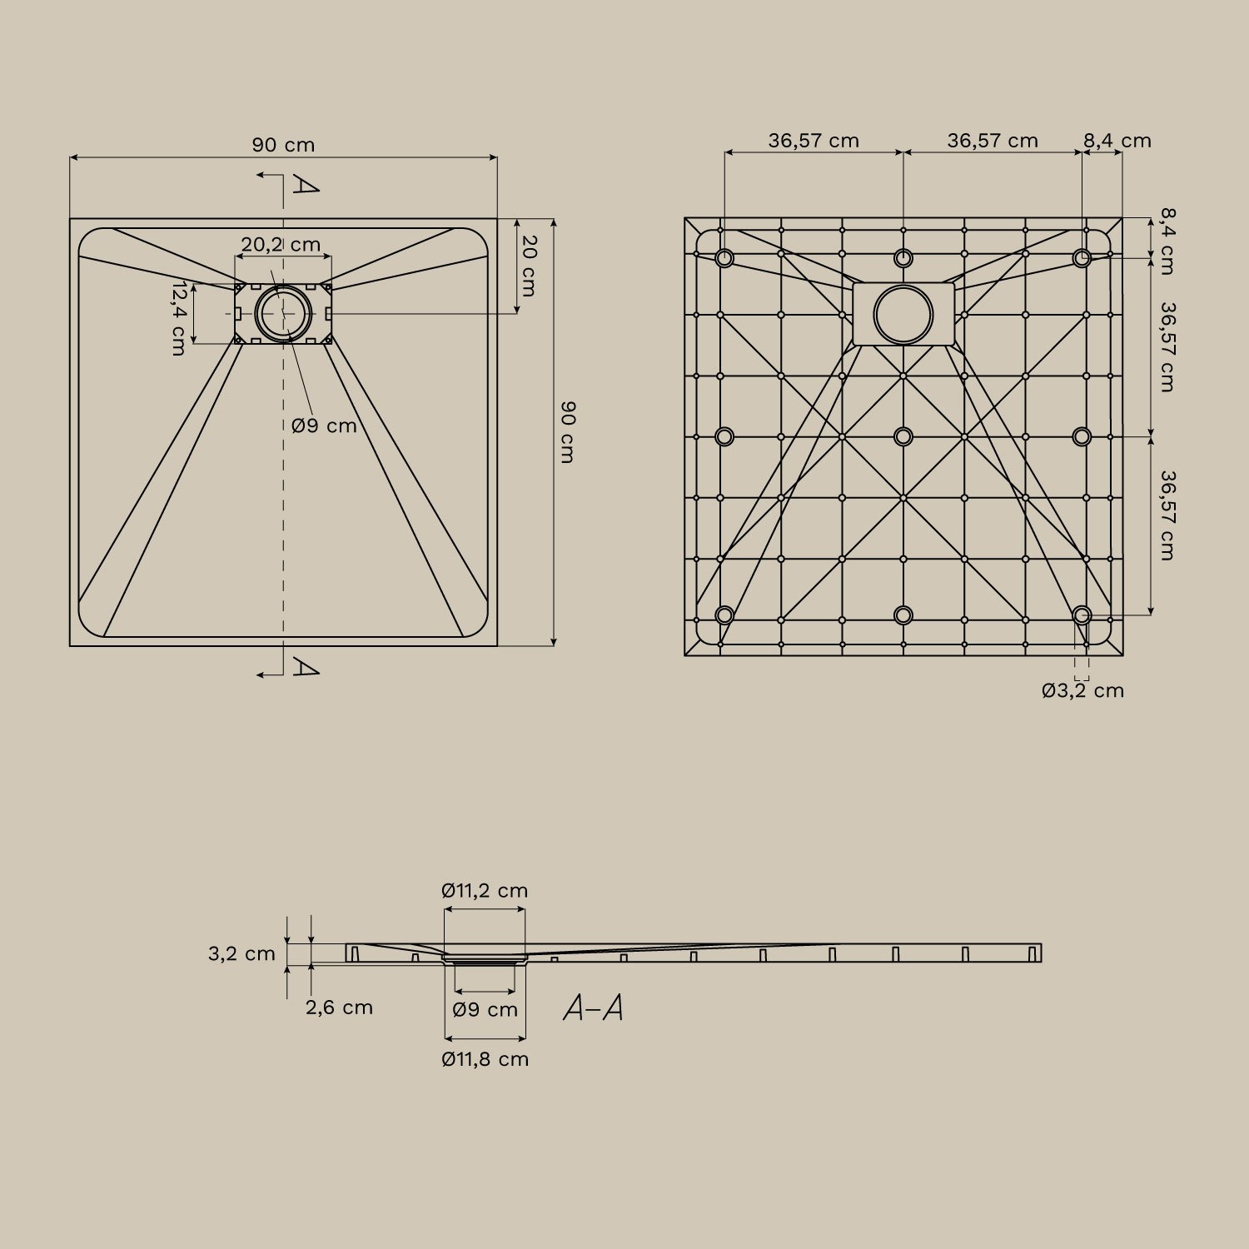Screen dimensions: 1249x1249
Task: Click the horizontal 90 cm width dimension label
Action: (283, 145)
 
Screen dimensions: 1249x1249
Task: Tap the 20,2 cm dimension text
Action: (281, 245)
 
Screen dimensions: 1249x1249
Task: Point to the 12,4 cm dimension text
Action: (178, 318)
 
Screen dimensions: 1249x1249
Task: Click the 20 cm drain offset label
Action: (529, 266)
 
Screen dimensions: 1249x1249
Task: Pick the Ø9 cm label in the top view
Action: (324, 425)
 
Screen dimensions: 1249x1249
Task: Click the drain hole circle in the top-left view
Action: (283, 313)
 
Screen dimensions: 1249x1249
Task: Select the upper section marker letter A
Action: (305, 185)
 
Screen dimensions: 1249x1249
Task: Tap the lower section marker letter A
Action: (305, 667)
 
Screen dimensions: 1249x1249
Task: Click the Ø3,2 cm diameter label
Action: (1082, 690)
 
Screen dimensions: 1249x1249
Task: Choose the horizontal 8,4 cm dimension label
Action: (1117, 141)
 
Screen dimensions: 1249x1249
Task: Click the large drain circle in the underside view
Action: (903, 315)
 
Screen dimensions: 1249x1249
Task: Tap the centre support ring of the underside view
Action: (903, 436)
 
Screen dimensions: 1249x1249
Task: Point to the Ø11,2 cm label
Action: (485, 890)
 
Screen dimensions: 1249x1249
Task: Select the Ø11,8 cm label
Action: (485, 1059)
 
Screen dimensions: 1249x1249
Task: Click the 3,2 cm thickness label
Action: (241, 953)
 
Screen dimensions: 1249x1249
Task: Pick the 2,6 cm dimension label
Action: (339, 1008)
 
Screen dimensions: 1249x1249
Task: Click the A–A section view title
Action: (593, 1008)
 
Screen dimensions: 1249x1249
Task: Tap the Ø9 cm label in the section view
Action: (485, 1010)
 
